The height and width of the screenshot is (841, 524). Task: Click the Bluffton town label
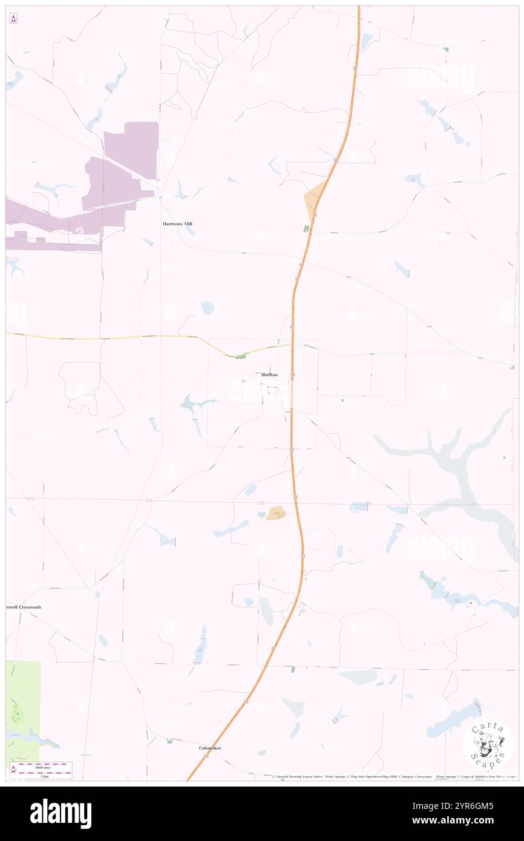point(269,375)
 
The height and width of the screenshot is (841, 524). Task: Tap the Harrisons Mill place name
point(177,223)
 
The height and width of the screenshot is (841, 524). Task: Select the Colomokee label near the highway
point(210,748)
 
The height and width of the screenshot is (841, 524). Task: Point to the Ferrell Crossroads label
point(24,607)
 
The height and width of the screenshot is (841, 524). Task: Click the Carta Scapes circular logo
point(488,744)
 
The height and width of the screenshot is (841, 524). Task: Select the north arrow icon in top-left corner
point(13,19)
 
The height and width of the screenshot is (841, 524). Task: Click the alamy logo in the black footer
point(61,814)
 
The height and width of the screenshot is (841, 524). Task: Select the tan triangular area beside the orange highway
point(313,200)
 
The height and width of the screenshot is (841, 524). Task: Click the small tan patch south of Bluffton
point(277,512)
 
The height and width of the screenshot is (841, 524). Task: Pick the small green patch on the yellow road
point(241,356)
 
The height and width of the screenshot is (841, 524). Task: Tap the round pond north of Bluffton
point(208,308)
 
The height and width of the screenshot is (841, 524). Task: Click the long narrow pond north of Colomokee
point(200,646)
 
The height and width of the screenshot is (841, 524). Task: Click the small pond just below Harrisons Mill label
point(190,231)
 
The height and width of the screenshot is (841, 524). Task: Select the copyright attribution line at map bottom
point(393,776)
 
